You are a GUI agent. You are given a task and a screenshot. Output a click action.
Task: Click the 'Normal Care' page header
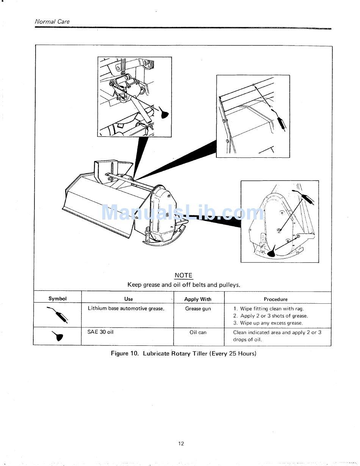[52, 22]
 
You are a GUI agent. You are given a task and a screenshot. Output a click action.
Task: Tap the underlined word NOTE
[183, 276]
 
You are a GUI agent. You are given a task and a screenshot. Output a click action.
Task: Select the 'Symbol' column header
[58, 299]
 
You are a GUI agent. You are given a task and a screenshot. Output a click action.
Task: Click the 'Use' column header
[128, 299]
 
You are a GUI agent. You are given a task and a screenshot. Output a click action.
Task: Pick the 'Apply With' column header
[198, 299]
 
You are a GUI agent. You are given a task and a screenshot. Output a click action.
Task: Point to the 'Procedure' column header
[275, 299]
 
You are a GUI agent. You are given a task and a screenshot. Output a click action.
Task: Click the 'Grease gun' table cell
[198, 309]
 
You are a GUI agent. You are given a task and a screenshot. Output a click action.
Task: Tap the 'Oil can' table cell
[198, 333]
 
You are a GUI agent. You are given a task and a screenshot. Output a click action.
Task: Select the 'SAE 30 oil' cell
[100, 332]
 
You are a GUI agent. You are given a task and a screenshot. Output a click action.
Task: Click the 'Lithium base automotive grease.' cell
[126, 309]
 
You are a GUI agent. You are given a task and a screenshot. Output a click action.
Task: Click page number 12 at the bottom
[181, 444]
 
